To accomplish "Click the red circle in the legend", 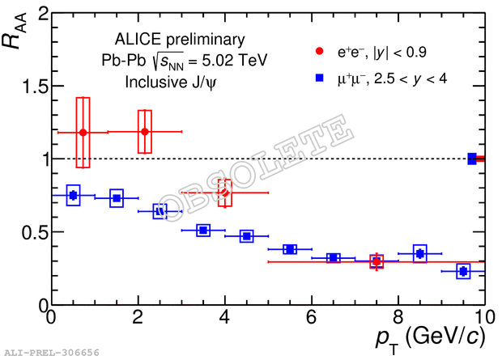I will pos(319,53).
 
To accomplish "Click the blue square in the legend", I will pos(319,78).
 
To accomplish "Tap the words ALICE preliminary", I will pos(179,39).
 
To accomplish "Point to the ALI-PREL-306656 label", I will pos(52,353).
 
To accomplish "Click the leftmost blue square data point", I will pos(73,195).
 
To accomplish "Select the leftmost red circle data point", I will pos(83,132).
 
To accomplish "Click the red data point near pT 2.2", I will pos(145,131).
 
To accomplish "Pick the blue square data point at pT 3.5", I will pos(203,231).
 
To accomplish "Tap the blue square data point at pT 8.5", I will pos(419,253).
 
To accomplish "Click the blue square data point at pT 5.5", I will pos(290,249).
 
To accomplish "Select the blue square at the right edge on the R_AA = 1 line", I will pos(472,159).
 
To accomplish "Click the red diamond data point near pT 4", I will pos(225,193).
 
